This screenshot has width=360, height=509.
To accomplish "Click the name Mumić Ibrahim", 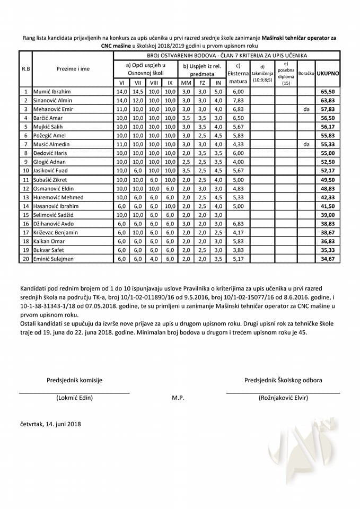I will pyautogui.click(x=52, y=92).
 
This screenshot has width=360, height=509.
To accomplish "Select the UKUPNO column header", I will pyautogui.click(x=328, y=72).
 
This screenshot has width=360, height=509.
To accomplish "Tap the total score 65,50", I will pyautogui.click(x=328, y=92).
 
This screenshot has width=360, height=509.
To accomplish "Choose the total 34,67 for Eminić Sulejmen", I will pyautogui.click(x=328, y=259).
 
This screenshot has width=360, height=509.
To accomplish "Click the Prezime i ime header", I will pyautogui.click(x=73, y=69).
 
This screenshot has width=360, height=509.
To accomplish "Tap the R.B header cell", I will pyautogui.click(x=25, y=69).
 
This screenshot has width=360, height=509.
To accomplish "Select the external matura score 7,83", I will pyautogui.click(x=238, y=101).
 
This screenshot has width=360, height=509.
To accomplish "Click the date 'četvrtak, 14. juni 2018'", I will pyautogui.click(x=51, y=424).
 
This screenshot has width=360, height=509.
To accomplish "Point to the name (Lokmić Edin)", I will pyautogui.click(x=74, y=398).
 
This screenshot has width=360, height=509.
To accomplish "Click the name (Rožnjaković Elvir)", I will pyautogui.click(x=283, y=398).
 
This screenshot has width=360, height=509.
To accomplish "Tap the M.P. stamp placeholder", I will pyautogui.click(x=178, y=398).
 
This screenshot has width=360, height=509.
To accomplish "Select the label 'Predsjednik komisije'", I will pyautogui.click(x=74, y=380).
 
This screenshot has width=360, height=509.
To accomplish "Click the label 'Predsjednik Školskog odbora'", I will pyautogui.click(x=283, y=380).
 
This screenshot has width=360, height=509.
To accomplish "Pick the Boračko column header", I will pyautogui.click(x=306, y=72).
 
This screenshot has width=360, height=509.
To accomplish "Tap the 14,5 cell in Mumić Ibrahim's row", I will pyautogui.click(x=138, y=92).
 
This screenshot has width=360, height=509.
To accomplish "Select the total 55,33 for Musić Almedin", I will pyautogui.click(x=328, y=144).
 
